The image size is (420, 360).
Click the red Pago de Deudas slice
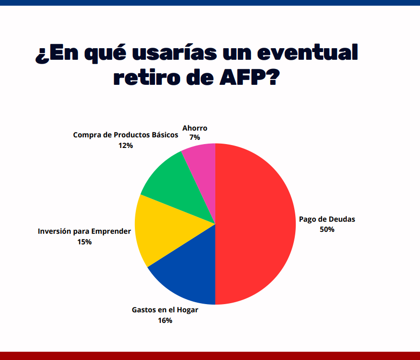click(254, 224)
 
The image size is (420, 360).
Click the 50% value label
click(327, 229)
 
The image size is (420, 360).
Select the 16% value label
click(165, 320)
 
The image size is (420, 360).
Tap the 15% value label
click(85, 242)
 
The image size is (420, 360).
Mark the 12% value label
click(126, 145)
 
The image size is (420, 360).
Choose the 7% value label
click(195, 137)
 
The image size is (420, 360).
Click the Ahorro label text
click(195, 128)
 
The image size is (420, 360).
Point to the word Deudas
click(342, 219)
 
